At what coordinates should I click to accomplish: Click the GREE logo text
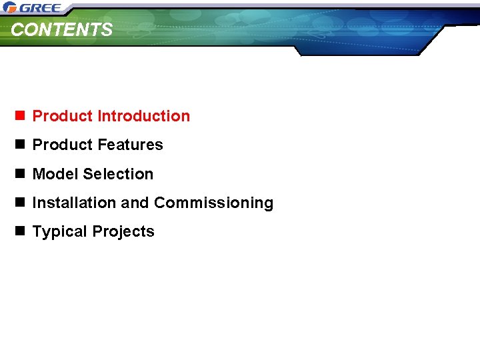(x=41, y=8)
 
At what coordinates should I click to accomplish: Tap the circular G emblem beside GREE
(x=10, y=8)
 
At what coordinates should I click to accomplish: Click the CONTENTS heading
(x=62, y=30)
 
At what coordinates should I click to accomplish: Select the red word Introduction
(x=143, y=116)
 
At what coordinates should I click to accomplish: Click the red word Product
(x=63, y=116)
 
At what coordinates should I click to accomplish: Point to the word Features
(x=130, y=145)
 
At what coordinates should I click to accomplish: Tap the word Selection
(x=119, y=174)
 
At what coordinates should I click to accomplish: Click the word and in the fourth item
(x=131, y=203)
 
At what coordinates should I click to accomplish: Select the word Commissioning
(x=213, y=203)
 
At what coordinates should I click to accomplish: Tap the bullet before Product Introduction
(x=20, y=116)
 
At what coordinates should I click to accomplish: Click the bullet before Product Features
(x=20, y=145)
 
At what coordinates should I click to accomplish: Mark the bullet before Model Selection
(x=20, y=174)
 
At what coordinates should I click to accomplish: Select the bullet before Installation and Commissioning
(x=20, y=203)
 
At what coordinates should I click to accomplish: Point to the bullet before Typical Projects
(x=20, y=232)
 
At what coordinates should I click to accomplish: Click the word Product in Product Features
(x=63, y=145)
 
